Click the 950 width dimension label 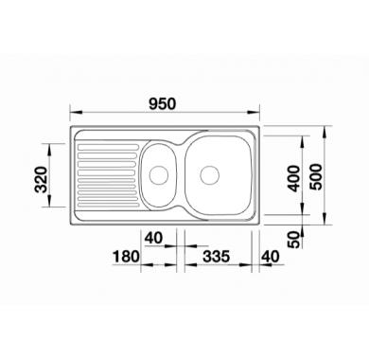[162, 104]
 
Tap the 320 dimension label [42, 179]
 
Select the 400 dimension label [294, 178]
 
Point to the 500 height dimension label [316, 177]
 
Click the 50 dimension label [294, 240]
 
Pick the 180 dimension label [126, 257]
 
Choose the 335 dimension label [216, 257]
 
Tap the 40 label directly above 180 [153, 238]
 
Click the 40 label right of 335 [271, 257]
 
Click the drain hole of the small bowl [159, 175]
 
